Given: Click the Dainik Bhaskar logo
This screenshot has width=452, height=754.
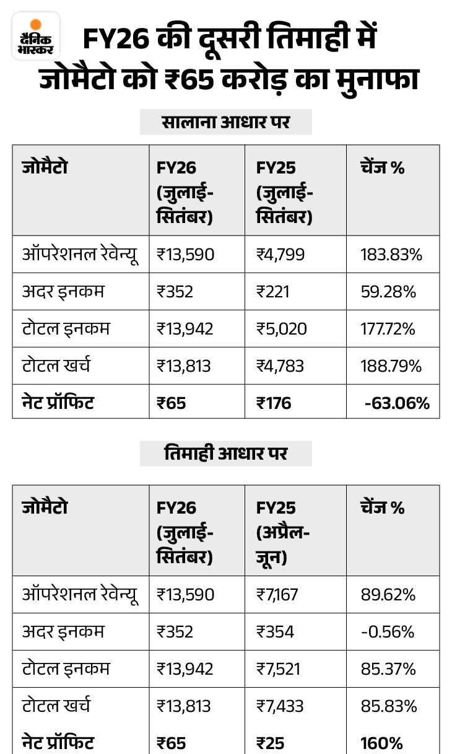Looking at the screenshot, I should point(36,36).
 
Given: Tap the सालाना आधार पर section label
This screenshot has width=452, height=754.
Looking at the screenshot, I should point(225,123).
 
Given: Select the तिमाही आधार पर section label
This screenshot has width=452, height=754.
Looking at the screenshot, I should point(225,454).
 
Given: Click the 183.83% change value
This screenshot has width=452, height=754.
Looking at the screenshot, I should point(388,255).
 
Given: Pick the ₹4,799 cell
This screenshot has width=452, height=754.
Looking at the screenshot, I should point(280,255).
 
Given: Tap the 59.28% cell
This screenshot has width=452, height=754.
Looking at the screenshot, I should point(388,291).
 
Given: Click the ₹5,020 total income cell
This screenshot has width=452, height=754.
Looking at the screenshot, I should point(282,328).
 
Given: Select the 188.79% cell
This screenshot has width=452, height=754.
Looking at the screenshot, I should point(391,366).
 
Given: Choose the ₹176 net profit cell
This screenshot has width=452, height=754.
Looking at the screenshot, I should point(274,403).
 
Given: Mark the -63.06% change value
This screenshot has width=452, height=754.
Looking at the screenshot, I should point(397,403).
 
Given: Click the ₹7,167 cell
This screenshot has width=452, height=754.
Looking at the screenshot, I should point(277,595).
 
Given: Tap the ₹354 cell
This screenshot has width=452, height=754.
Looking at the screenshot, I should point(275,631).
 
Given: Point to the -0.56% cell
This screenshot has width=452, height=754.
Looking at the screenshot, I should point(387,631).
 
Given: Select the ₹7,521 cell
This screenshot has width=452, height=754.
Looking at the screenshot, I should point(277,669).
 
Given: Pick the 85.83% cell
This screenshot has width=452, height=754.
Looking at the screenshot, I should point(388,706).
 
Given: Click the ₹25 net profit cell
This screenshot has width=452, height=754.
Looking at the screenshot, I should point(271,742).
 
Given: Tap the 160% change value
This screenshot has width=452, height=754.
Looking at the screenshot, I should point(381,742).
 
